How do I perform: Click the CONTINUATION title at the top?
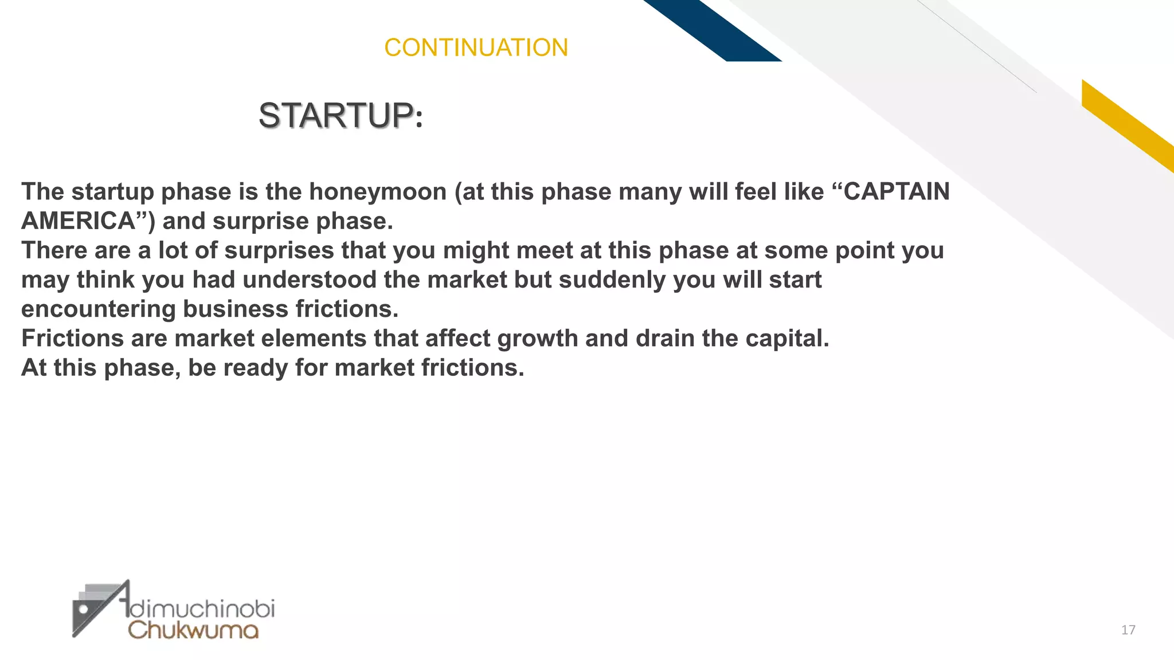pos(476,48)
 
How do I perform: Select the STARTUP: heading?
pos(341,116)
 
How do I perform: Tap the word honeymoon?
pos(378,192)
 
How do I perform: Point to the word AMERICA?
pos(78,221)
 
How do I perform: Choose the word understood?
pos(310,280)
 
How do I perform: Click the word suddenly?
pos(608,280)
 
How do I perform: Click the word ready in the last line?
pos(255,368)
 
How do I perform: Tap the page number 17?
pos(1128,630)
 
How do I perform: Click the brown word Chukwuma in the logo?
pos(193,630)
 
